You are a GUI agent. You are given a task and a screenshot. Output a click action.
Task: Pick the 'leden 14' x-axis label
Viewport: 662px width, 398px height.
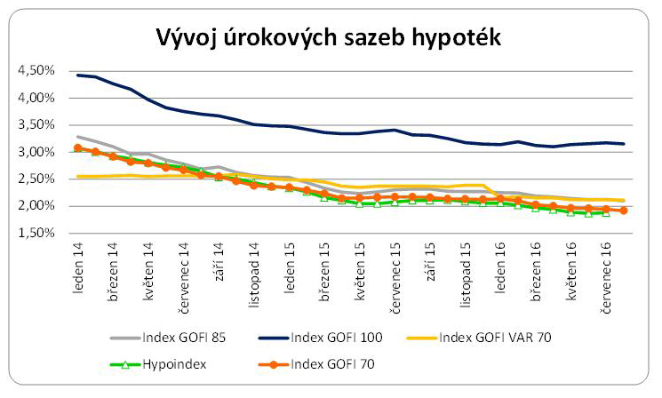tap(79, 266)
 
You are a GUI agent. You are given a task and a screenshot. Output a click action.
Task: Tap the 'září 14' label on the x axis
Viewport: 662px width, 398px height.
tap(219, 263)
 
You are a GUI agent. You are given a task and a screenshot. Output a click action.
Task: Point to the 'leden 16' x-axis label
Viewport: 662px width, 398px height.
tap(501, 266)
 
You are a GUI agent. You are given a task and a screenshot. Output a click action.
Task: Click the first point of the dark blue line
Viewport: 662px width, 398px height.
tap(78, 75)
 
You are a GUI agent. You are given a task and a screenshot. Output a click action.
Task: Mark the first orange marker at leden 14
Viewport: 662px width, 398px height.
tap(78, 148)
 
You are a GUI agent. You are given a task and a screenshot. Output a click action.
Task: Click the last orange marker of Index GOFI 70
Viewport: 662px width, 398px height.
tap(623, 211)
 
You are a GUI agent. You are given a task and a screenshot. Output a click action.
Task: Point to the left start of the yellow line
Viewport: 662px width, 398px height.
tap(78, 177)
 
